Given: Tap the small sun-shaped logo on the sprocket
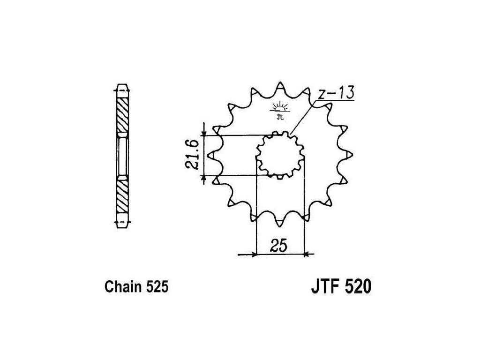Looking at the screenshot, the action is coord(280,107).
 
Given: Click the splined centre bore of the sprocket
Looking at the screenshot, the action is coord(280,155).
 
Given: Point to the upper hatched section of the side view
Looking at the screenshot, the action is coord(122,115).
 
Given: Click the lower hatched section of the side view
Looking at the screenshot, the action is coord(122,197).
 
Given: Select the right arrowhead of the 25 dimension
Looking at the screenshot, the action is coord(306,255).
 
